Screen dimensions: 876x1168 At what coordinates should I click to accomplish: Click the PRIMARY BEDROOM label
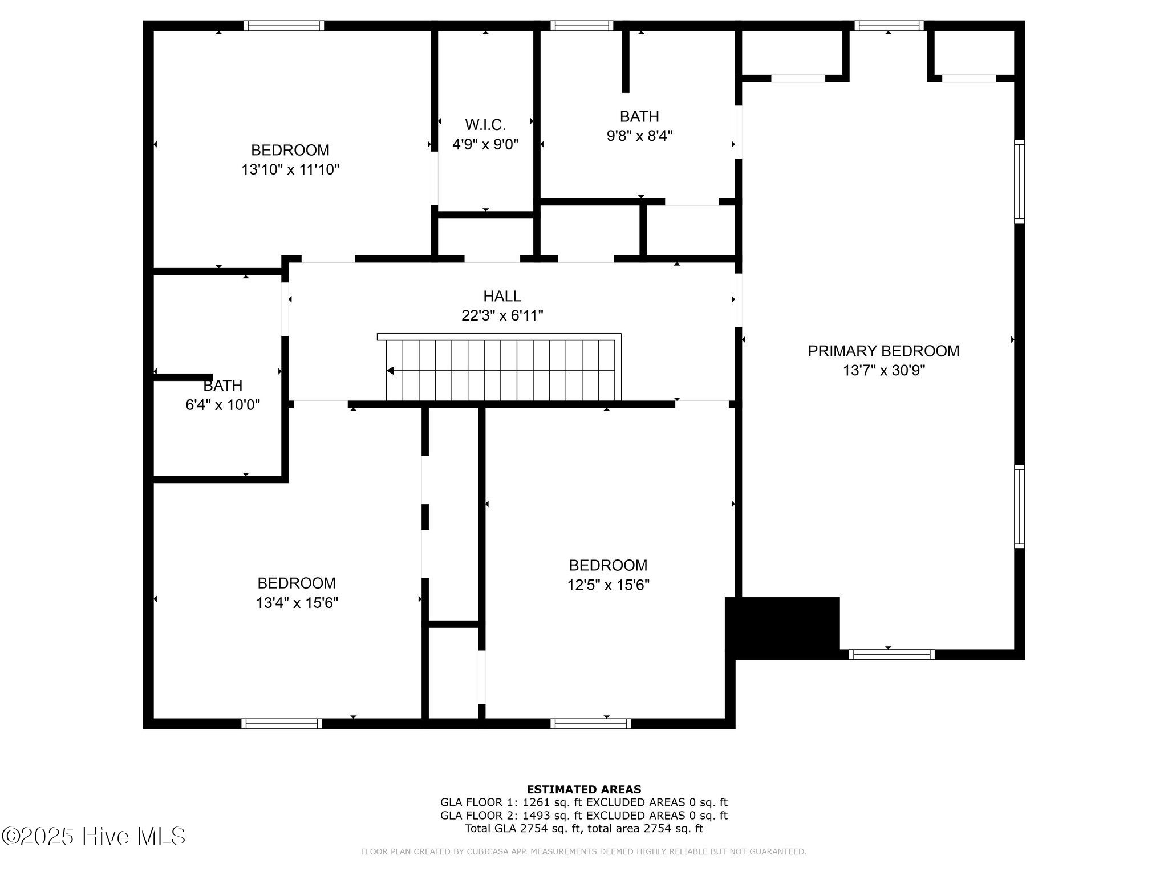coord(883,351)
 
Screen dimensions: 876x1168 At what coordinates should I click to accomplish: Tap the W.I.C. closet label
coord(485,124)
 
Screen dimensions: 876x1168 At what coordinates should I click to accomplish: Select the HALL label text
coord(502,296)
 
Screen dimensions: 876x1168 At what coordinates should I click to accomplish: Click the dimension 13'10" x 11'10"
coord(290,169)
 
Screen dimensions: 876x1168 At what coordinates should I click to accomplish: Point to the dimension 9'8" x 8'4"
coord(639,136)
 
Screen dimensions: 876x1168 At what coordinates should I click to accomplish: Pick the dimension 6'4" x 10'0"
coord(222,405)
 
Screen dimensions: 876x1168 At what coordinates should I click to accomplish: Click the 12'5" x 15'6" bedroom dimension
coord(608,585)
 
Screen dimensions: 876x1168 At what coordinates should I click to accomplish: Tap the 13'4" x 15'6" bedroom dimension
coord(297,603)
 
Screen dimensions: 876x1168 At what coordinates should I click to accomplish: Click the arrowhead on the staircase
coord(391,371)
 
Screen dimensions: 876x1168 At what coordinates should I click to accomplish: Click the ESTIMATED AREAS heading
coord(583,789)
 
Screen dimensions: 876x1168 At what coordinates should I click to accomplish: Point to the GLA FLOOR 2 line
coord(583,816)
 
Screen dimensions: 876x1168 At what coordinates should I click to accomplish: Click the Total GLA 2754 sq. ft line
coord(583,829)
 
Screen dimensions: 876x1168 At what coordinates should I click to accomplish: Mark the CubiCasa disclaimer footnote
coord(583,851)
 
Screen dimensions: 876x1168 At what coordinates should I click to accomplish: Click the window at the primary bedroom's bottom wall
coord(891,654)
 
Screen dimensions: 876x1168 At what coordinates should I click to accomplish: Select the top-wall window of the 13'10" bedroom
coord(283,26)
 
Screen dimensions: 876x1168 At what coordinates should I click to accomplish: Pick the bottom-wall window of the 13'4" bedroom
coord(281,723)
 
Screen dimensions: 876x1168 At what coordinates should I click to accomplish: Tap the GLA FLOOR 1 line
coord(583,802)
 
